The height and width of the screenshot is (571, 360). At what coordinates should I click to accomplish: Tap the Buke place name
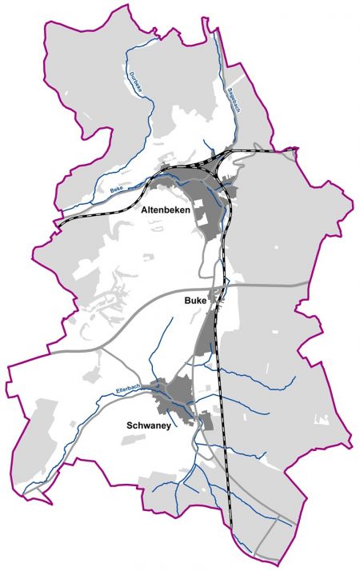click(194, 300)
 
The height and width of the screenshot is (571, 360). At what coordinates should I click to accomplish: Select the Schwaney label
click(149, 426)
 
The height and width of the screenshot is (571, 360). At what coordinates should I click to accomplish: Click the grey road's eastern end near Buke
click(307, 283)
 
